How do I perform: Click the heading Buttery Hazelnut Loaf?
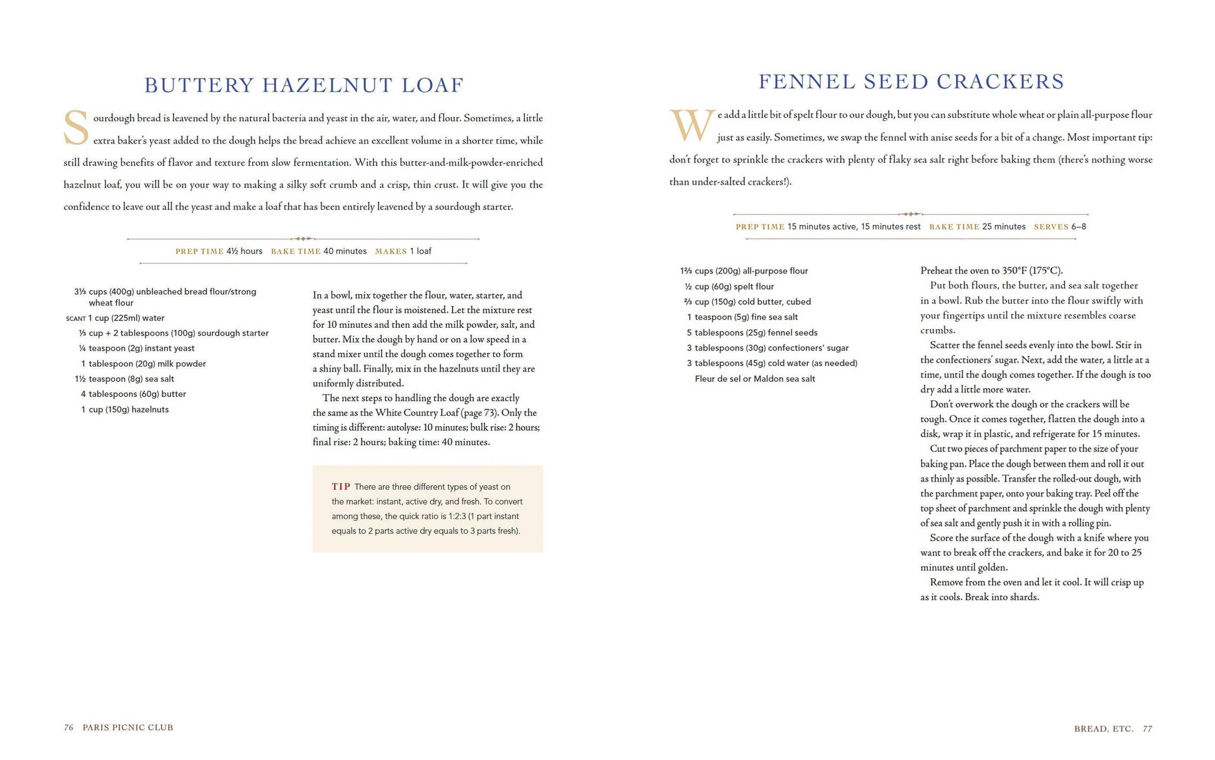click(x=304, y=85)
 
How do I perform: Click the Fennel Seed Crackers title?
click(x=911, y=82)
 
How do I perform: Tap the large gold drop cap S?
click(x=76, y=128)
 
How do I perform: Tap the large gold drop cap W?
click(x=692, y=126)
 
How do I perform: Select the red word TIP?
click(x=341, y=486)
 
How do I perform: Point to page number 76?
click(x=69, y=728)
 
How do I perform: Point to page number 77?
click(x=1148, y=729)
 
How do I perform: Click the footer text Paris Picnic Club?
click(x=128, y=728)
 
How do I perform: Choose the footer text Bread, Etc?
click(x=1103, y=729)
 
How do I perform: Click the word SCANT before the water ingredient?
click(x=76, y=318)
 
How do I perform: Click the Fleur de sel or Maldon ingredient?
click(x=755, y=378)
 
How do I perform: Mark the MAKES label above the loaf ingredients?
click(x=391, y=252)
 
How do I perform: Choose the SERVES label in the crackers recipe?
click(x=1051, y=227)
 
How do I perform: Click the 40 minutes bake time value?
click(x=345, y=251)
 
